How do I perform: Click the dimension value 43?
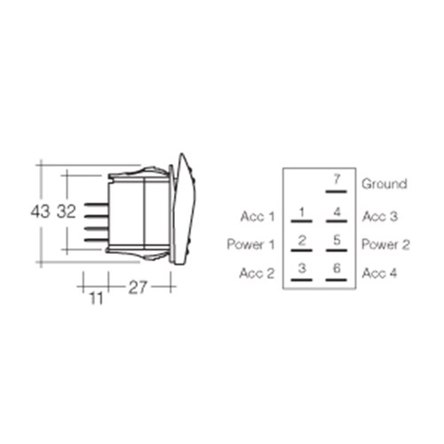point(41,211)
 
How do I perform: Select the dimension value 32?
point(67,211)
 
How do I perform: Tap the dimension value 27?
point(138,287)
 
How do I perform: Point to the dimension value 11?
point(96,298)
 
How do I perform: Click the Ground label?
point(385,184)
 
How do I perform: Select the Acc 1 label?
point(258,217)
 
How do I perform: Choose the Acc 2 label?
point(257,274)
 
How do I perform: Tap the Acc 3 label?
point(380,217)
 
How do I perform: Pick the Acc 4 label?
point(379,274)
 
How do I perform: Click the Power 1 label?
point(250,244)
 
